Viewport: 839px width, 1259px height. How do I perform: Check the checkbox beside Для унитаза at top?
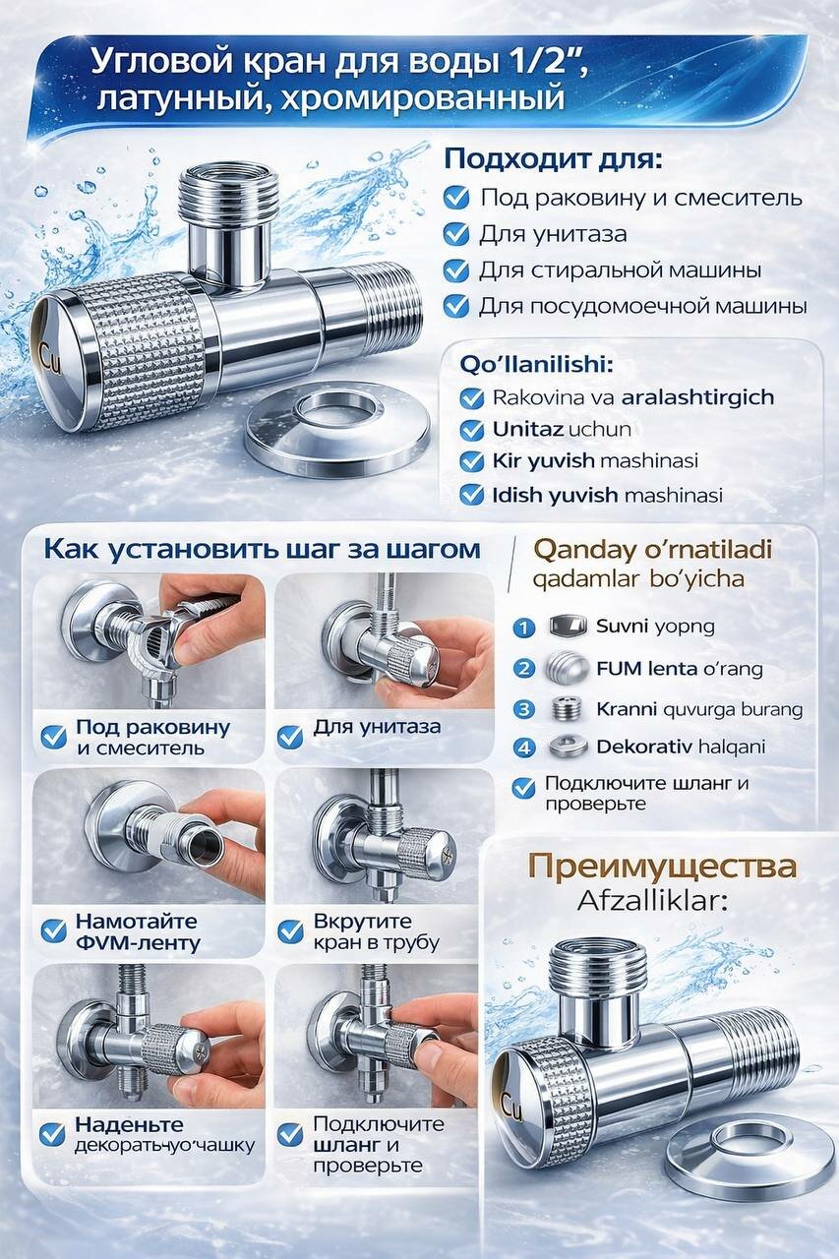(x=456, y=234)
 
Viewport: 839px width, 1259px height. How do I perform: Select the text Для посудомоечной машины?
(x=642, y=307)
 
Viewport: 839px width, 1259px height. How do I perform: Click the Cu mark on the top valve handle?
(x=49, y=350)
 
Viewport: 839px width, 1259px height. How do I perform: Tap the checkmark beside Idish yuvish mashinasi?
(x=473, y=494)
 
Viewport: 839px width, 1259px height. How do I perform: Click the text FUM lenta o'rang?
(x=679, y=669)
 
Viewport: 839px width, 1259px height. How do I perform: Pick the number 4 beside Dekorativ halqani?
(x=525, y=748)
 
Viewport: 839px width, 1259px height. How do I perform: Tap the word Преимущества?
(x=662, y=867)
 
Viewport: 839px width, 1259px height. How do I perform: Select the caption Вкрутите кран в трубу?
(x=376, y=931)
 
